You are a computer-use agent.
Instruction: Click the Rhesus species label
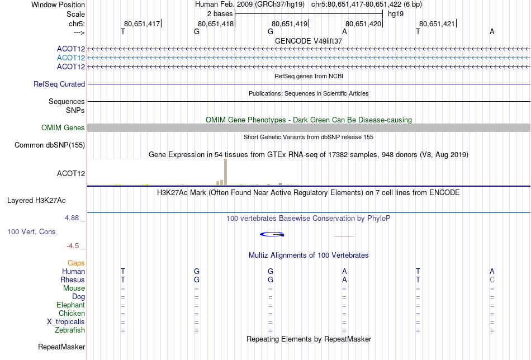point(73,280)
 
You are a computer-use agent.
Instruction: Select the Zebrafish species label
point(70,330)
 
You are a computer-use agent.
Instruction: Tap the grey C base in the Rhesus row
point(492,280)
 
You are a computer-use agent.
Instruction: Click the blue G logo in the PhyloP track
point(272,234)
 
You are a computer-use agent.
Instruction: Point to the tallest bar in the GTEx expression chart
point(226,172)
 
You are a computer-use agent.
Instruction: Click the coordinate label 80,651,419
point(290,23)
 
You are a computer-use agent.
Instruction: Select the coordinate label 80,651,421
point(437,23)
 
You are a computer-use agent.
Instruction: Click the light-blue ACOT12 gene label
point(71,58)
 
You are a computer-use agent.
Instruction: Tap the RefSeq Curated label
point(59,84)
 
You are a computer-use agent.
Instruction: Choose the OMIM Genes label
point(63,127)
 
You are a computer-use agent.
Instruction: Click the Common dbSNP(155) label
point(50,145)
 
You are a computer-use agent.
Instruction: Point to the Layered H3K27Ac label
point(36,201)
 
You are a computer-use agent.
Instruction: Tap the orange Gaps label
point(76,263)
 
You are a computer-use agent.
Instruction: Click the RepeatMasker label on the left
point(61,347)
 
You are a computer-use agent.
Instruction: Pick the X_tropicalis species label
point(66,322)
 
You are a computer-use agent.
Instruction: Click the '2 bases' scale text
point(220,14)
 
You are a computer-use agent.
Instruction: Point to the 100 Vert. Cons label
point(31,231)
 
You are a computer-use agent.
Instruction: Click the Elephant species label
point(71,305)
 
